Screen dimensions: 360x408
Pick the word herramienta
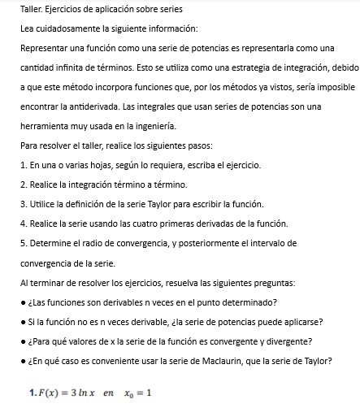click(x=48, y=128)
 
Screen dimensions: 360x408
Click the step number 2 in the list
click(x=22, y=185)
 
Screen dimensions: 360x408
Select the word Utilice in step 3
click(x=43, y=205)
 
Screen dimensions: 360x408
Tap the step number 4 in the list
click(x=22, y=224)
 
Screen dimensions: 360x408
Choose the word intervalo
click(x=254, y=243)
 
